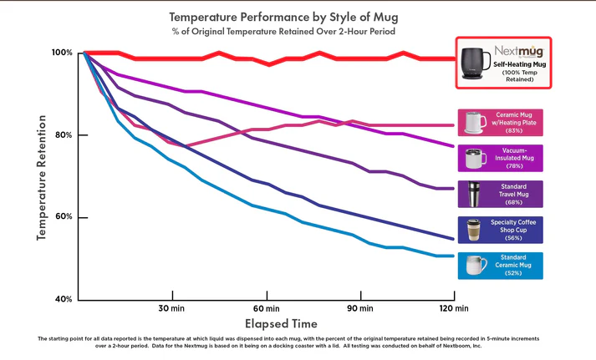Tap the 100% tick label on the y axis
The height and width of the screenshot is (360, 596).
(x=62, y=53)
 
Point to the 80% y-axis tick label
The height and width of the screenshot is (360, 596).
(x=64, y=135)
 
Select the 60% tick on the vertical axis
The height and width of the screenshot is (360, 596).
(x=64, y=217)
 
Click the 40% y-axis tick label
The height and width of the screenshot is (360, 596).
(x=64, y=299)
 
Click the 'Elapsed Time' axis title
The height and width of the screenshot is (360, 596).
(x=281, y=322)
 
